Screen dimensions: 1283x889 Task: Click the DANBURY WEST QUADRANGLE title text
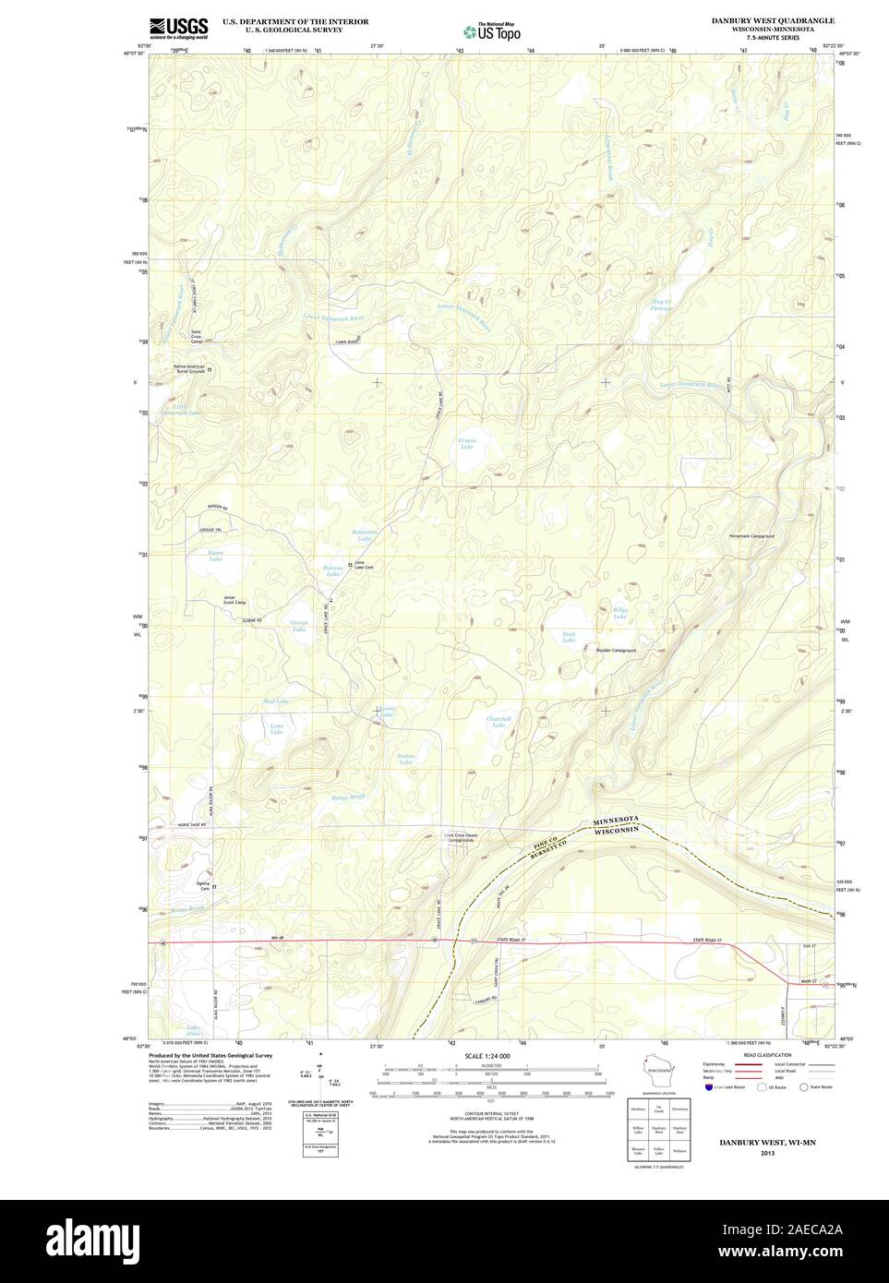[x=786, y=19]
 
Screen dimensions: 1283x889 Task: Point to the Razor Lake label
[x=215, y=556]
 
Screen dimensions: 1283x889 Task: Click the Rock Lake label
[x=569, y=635]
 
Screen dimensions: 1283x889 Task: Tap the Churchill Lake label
[x=498, y=722]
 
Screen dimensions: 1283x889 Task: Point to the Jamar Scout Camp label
[x=234, y=600]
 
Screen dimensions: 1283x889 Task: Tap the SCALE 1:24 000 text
[x=487, y=1055]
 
